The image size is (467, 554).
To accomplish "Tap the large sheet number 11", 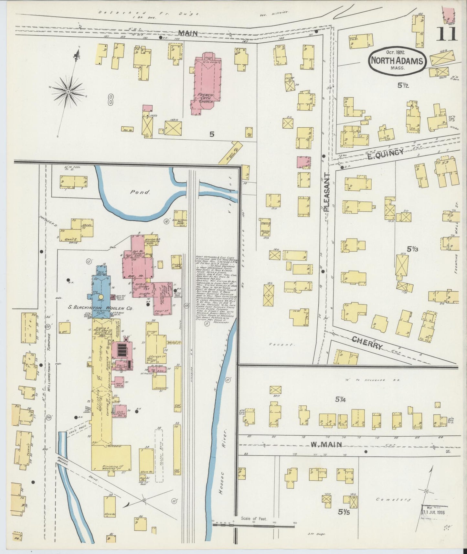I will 447,34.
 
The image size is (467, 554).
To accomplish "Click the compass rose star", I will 69,92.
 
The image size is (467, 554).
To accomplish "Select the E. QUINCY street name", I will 385,153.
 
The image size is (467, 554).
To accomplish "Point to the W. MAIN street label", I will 326,445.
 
